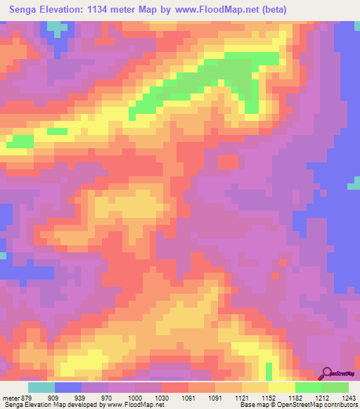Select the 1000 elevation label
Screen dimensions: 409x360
pos(133,396)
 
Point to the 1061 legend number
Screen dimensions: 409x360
pos(188,396)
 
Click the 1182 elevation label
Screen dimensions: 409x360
pos(295,396)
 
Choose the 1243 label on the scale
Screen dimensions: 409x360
pos(349,396)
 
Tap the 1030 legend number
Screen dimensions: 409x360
pos(161,396)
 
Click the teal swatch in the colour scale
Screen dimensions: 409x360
pos(41,387)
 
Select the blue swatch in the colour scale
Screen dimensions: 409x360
pos(68,387)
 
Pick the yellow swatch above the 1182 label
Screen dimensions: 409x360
pos(282,387)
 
